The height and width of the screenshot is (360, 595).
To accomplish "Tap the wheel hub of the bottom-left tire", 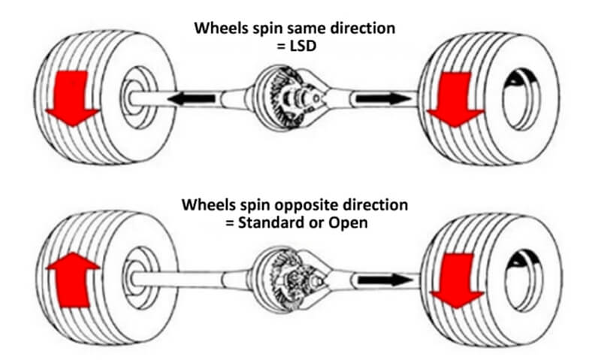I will tap(134, 278).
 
